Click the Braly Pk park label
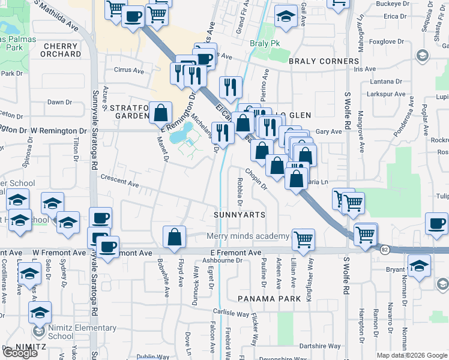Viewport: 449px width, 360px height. click(x=265, y=44)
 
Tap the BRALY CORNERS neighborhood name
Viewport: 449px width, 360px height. click(x=324, y=61)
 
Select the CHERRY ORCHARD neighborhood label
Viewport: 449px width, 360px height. click(x=61, y=50)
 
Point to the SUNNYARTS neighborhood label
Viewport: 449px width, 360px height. click(x=240, y=215)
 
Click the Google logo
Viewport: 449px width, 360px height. click(x=20, y=353)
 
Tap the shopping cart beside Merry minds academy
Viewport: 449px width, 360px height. click(x=303, y=239)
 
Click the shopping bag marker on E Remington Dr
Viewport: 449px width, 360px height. click(x=161, y=112)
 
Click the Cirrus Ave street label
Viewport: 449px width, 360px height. click(x=129, y=70)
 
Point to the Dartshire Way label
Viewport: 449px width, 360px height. click(x=320, y=346)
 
